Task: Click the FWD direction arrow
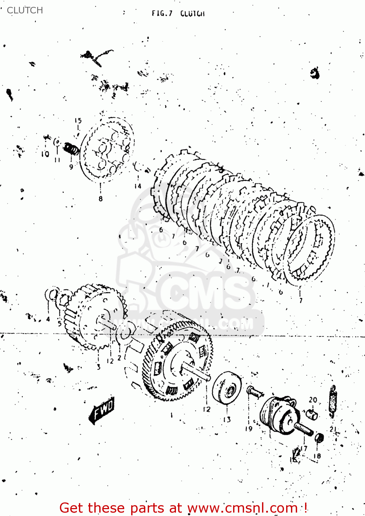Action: [x=102, y=410]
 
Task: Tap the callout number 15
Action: [x=78, y=121]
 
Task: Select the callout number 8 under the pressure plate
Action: [x=101, y=198]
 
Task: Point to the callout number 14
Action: [x=138, y=186]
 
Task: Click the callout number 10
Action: [x=45, y=154]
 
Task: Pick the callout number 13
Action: [x=227, y=419]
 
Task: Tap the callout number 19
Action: [x=249, y=429]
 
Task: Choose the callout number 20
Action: [x=313, y=400]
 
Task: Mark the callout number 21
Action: [x=333, y=429]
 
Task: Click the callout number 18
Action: [x=317, y=456]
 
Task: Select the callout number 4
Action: [x=48, y=319]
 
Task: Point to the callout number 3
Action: [x=98, y=367]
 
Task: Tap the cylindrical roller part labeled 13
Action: [x=227, y=387]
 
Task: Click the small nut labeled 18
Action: [x=320, y=439]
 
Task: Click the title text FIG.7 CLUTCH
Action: [x=178, y=14]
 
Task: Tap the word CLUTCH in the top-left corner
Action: [x=25, y=10]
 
